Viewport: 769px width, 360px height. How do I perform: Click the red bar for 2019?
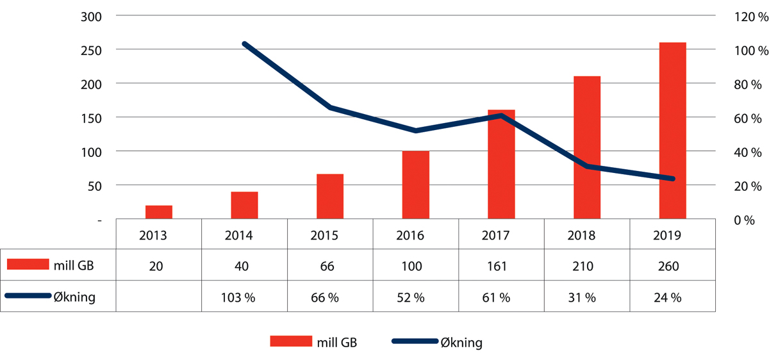pyautogui.click(x=672, y=131)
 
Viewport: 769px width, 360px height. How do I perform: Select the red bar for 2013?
pyautogui.click(x=158, y=212)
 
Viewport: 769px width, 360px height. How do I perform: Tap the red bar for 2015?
pyautogui.click(x=330, y=197)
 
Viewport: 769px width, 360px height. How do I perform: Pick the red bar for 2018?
pyautogui.click(x=587, y=147)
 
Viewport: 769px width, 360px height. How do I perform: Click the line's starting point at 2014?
pyautogui.click(x=244, y=44)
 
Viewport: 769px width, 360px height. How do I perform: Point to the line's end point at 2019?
pyautogui.click(x=672, y=179)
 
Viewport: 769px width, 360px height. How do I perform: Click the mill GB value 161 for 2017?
pyautogui.click(x=501, y=266)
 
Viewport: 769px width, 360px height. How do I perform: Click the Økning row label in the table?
pyautogui.click(x=76, y=297)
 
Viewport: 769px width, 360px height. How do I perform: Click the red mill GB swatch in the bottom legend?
pyautogui.click(x=290, y=342)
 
